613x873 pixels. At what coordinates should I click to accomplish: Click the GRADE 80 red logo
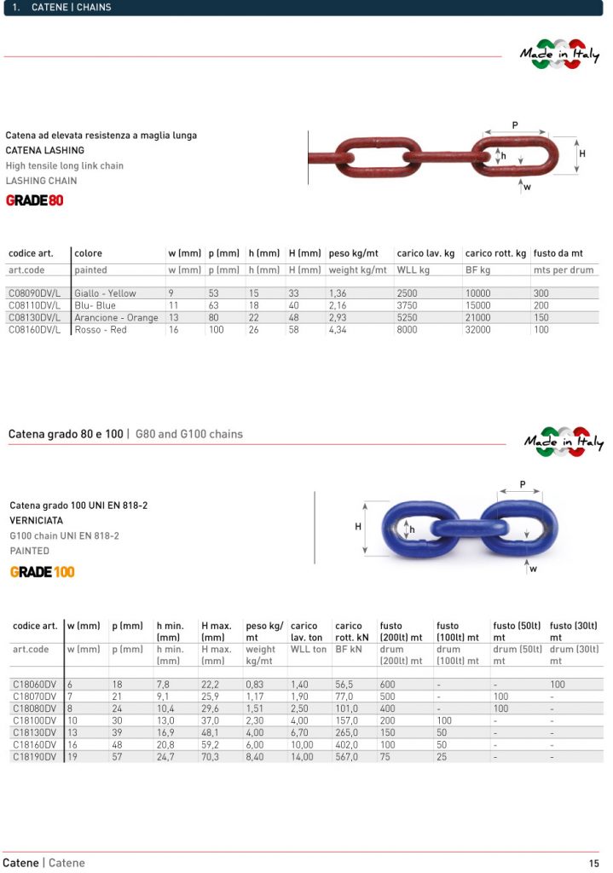pos(34,201)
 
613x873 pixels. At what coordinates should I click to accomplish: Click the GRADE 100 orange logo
pos(42,571)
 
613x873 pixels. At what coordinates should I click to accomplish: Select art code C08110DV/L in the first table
pos(34,305)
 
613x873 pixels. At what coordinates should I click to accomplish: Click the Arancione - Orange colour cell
pos(116,317)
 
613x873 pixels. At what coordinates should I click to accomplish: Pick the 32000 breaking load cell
pos(478,330)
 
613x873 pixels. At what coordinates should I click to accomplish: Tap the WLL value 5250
pos(408,317)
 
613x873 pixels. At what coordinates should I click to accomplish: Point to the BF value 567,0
pos(347,756)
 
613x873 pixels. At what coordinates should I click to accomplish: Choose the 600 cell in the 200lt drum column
pos(387,685)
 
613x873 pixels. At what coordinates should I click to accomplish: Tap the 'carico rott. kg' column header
pos(495,253)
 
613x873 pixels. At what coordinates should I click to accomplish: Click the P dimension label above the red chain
pos(515,125)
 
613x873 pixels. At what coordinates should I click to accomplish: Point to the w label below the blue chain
pos(534,569)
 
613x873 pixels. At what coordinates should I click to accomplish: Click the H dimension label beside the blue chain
pos(358,527)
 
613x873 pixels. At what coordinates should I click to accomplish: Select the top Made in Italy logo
pos(560,54)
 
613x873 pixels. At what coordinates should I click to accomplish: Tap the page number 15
pos(593,863)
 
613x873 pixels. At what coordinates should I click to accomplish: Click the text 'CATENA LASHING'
pos(45,150)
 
